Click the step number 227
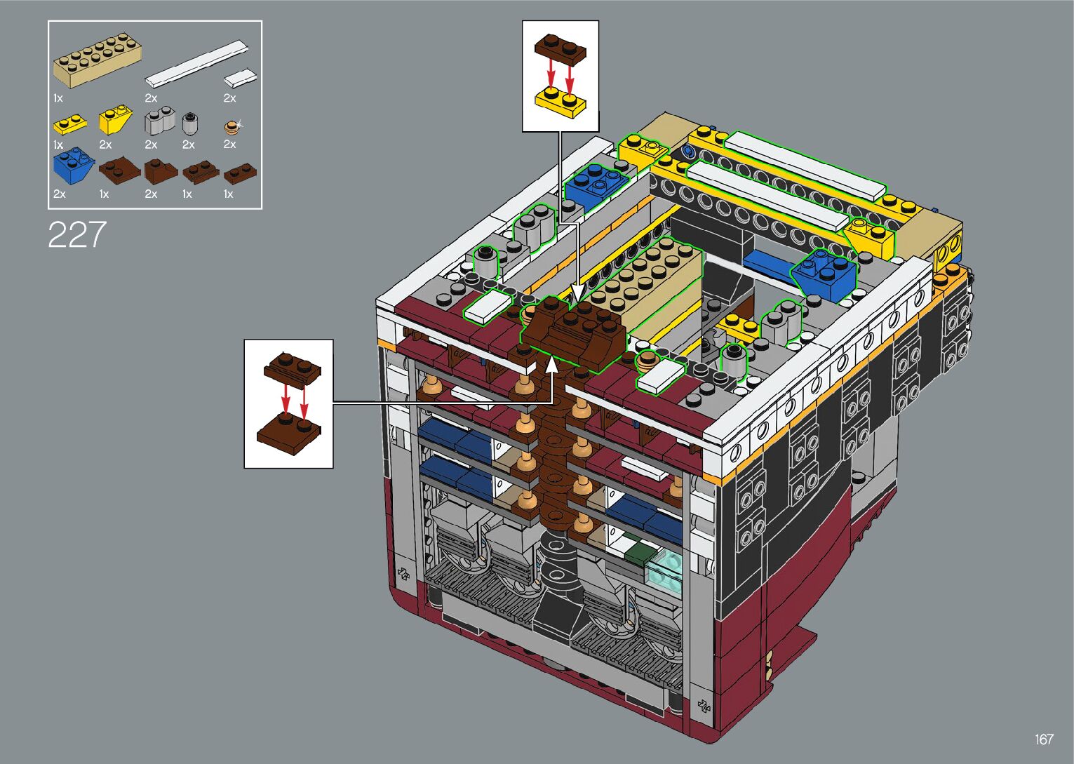point(76,234)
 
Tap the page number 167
point(1045,739)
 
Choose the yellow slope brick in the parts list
point(115,119)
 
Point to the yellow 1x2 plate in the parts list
point(70,124)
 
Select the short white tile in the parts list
point(240,78)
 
